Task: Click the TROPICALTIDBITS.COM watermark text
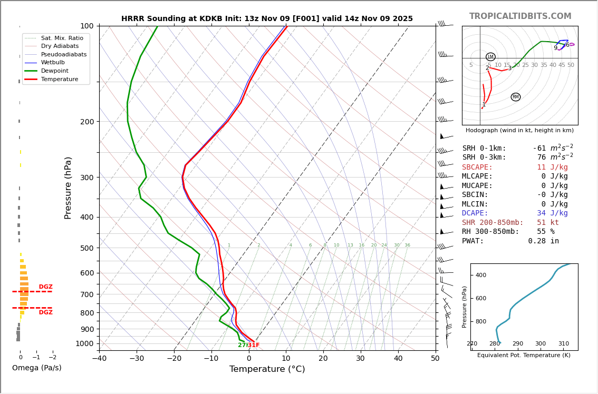point(520,16)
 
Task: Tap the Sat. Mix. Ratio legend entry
point(62,38)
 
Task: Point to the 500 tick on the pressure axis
point(86,248)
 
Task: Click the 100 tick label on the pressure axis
point(86,26)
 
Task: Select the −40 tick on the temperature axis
point(99,359)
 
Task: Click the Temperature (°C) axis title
point(267,369)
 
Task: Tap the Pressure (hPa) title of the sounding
point(68,188)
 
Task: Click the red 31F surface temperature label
point(254,345)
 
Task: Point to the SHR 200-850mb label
point(493,223)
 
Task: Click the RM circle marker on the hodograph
point(515,97)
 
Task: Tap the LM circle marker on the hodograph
point(490,57)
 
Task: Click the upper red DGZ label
point(45,287)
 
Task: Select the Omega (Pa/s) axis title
point(36,368)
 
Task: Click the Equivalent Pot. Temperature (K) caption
point(524,355)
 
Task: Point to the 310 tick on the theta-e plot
point(563,344)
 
